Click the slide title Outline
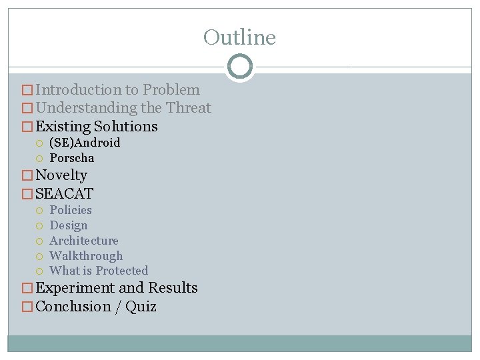[x=239, y=37]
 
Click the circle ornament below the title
[x=239, y=67]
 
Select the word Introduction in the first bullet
[x=77, y=90]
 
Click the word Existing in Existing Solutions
[x=63, y=127]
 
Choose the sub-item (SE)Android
[x=85, y=143]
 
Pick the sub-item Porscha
[x=72, y=158]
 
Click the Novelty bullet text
[x=61, y=175]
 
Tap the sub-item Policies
[x=71, y=210]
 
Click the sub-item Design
[x=69, y=225]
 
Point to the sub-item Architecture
[x=84, y=241]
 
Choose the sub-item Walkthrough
[x=86, y=256]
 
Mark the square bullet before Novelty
[x=27, y=176]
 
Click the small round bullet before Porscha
[x=39, y=159]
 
